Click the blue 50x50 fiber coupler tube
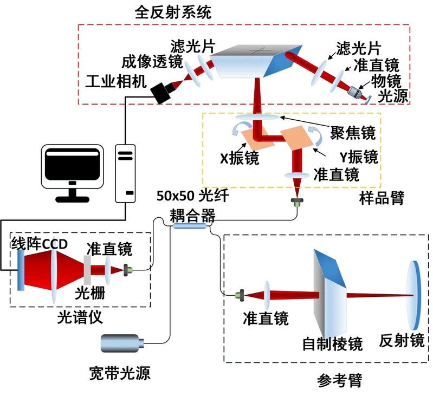pos(190,227)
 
